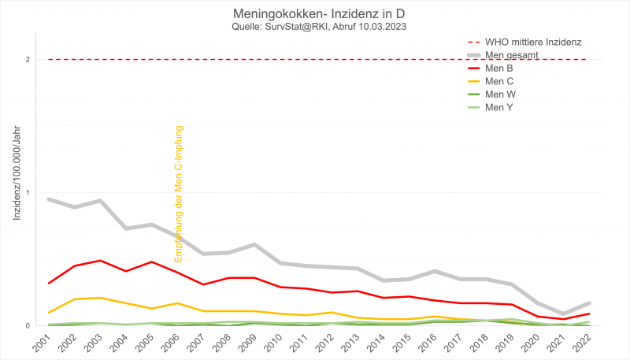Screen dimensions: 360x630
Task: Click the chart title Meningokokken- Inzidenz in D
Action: click(x=315, y=15)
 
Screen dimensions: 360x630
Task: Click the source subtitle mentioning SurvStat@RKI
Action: click(x=315, y=28)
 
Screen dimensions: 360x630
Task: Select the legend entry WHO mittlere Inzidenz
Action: click(x=532, y=41)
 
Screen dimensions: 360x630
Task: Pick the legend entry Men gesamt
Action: click(x=511, y=54)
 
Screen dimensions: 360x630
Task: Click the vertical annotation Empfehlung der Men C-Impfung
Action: click(x=179, y=194)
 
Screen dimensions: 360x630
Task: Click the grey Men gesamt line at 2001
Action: click(x=49, y=199)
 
